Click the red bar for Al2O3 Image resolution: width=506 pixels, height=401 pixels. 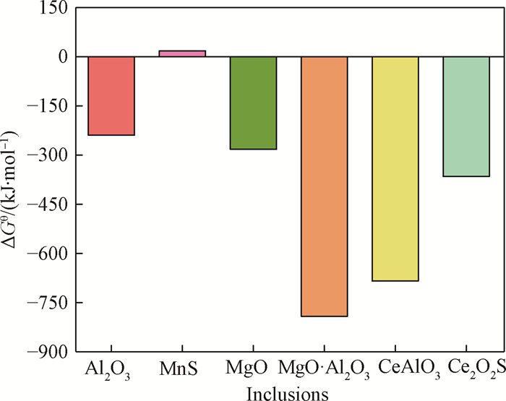tap(111, 95)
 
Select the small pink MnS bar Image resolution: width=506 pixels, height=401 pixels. tap(182, 53)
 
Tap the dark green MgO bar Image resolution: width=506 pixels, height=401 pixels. tap(253, 103)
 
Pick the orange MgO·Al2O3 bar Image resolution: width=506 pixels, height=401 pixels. tap(325, 186)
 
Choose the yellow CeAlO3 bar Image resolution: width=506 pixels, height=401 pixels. tap(395, 168)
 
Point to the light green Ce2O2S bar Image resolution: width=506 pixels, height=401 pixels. tap(466, 116)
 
